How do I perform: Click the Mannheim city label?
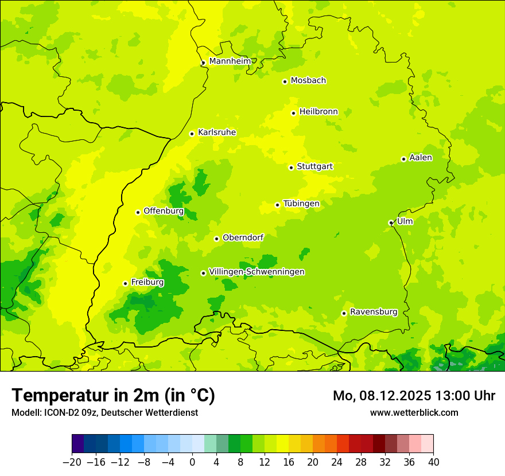230,61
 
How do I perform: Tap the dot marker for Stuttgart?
291,167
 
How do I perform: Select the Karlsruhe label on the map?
216,132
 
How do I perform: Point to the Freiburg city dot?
125,283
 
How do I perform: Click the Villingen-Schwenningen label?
257,272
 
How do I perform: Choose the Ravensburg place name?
373,312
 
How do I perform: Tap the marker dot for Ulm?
391,223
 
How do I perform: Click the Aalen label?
420,158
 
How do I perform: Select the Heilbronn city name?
318,112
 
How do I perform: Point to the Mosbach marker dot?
285,81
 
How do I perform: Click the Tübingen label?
301,204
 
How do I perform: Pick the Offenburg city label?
163,211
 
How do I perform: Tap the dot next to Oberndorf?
216,239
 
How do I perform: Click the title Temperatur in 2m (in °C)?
113,396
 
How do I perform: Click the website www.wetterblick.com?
414,412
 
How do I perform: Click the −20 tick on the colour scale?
72,462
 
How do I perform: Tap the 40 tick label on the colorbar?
433,462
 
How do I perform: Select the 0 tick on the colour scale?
192,462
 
